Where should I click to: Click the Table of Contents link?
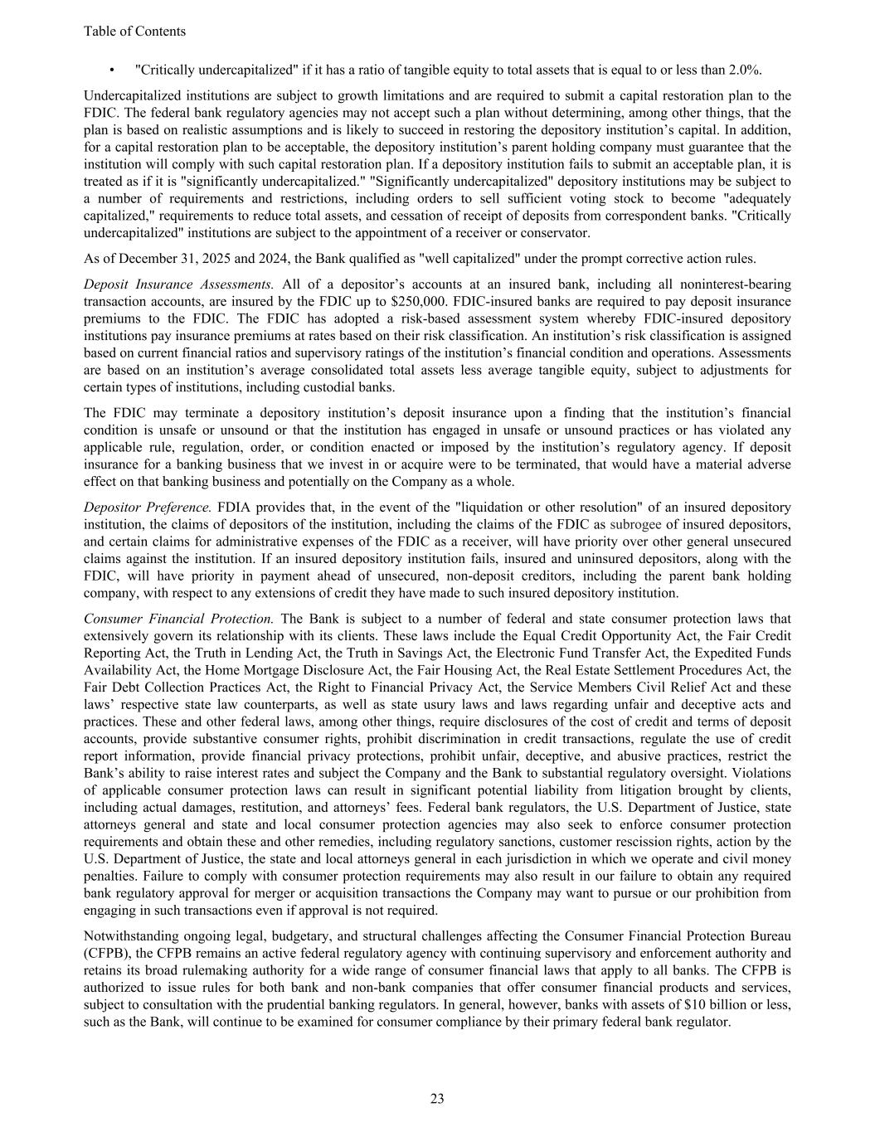pyautogui.click(x=134, y=32)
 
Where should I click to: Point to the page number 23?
pyautogui.click(x=437, y=1099)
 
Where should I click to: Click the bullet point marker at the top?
pyautogui.click(x=111, y=70)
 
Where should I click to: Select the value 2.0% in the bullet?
pyautogui.click(x=745, y=70)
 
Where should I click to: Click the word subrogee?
pyautogui.click(x=635, y=524)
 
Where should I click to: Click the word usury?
pyautogui.click(x=456, y=704)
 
